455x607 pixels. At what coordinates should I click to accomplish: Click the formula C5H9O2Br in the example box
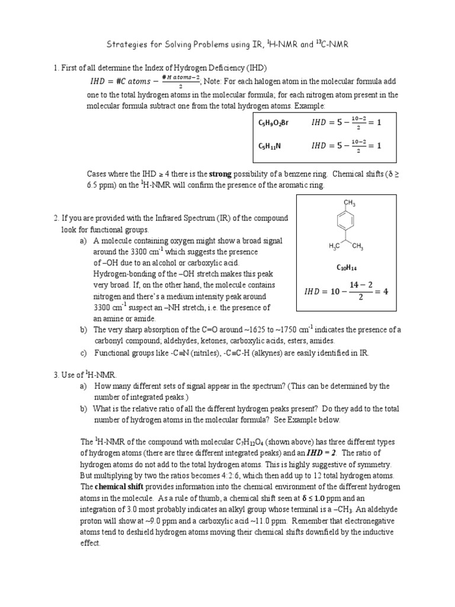click(x=273, y=123)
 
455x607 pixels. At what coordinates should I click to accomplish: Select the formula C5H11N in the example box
click(x=270, y=145)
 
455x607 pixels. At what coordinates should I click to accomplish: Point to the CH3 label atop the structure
click(x=350, y=204)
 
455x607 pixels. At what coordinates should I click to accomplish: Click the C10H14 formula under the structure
click(x=346, y=267)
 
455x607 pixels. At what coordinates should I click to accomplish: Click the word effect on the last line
click(x=91, y=543)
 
